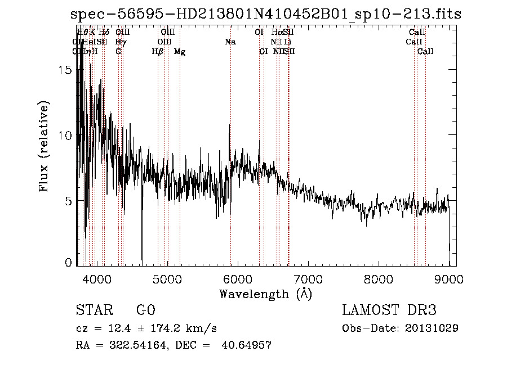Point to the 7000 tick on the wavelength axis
(308, 278)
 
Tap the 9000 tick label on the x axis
(449, 278)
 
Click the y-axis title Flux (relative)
(45, 147)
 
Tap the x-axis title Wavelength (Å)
(265, 294)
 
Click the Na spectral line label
(230, 42)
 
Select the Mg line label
(180, 52)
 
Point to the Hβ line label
(158, 52)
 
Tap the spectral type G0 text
(145, 310)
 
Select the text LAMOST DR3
(389, 310)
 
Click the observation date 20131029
(433, 328)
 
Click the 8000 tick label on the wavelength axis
(379, 278)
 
